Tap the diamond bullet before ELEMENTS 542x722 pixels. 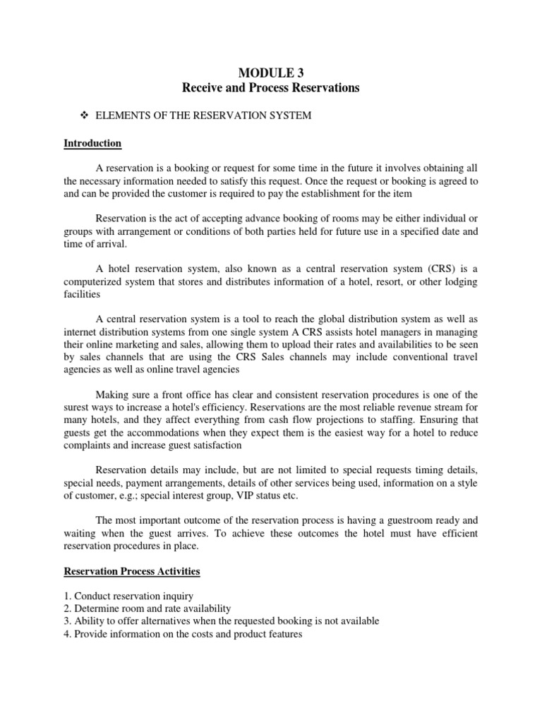coord(88,116)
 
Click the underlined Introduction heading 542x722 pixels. coord(92,143)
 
